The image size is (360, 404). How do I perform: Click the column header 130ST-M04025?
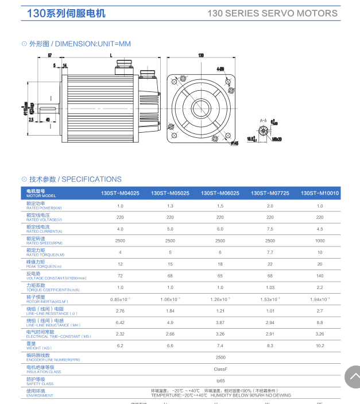120,194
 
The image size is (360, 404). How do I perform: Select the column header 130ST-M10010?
320,194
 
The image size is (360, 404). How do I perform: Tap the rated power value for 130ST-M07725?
270,206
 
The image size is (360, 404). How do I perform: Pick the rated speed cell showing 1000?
320,241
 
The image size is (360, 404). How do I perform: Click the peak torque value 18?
220,264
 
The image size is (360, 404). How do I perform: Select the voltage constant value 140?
320,276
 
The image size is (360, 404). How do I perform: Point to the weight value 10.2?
320,346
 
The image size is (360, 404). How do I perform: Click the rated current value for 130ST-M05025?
170,229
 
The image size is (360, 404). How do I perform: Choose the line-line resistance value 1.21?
220,311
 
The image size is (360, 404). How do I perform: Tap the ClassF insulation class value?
220,369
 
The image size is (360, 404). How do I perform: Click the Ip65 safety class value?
220,381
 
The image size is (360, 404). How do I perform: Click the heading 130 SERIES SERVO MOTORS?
272,13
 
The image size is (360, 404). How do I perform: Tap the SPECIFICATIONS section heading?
91,179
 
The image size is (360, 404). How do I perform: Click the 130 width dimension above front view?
201,56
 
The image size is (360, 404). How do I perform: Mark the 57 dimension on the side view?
51,55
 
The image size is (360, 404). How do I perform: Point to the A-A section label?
264,121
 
